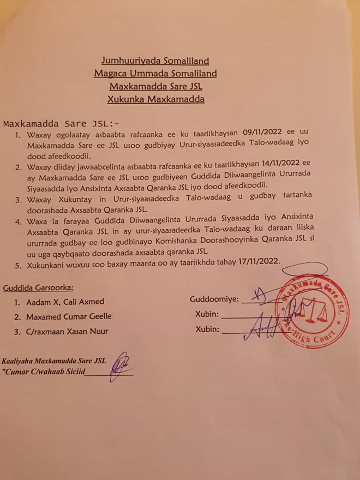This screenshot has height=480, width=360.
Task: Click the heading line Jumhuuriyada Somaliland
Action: click(155, 61)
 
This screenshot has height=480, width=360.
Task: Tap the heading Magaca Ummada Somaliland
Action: click(155, 74)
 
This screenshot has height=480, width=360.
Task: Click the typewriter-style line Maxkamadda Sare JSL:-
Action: click(61, 123)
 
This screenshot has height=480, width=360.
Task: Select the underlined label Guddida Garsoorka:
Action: click(38, 287)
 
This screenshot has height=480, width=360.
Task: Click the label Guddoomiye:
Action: click(214, 299)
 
